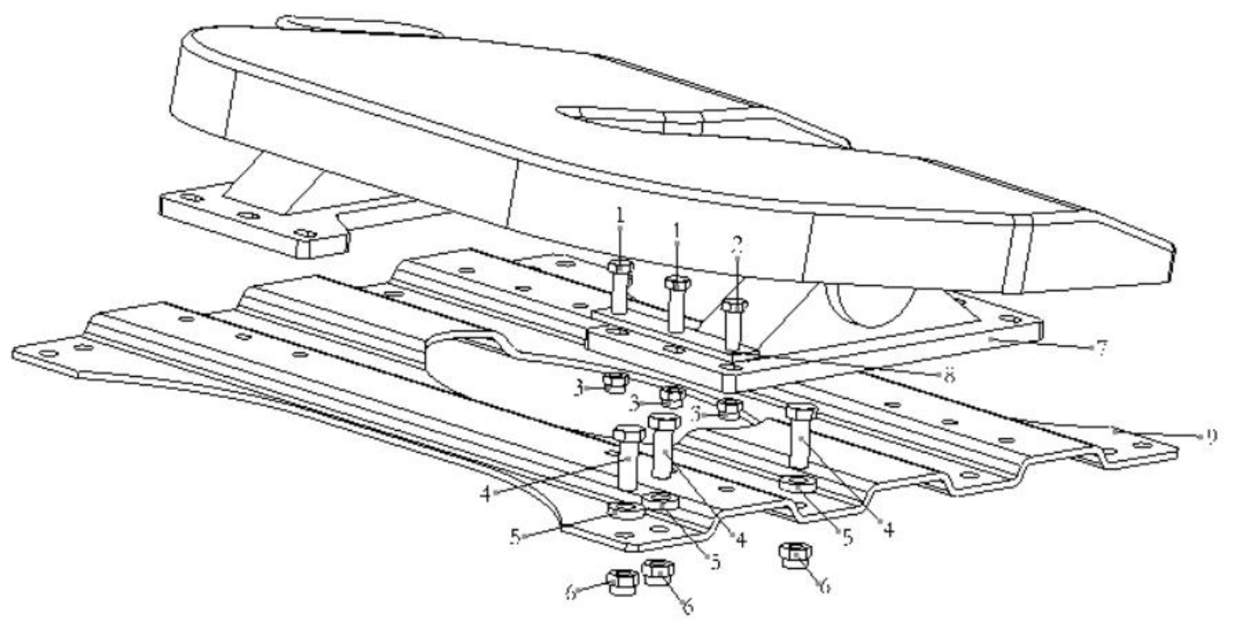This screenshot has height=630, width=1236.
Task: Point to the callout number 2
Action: pyautogui.click(x=738, y=245)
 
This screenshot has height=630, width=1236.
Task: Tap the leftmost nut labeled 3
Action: pyautogui.click(x=616, y=382)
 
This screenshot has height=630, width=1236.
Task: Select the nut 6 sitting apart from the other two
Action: pyautogui.click(x=797, y=555)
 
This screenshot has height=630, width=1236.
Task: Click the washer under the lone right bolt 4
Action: pyautogui.click(x=799, y=482)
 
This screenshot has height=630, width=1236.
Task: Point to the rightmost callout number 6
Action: pyautogui.click(x=825, y=589)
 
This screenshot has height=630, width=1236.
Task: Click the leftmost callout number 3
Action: pyautogui.click(x=579, y=388)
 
